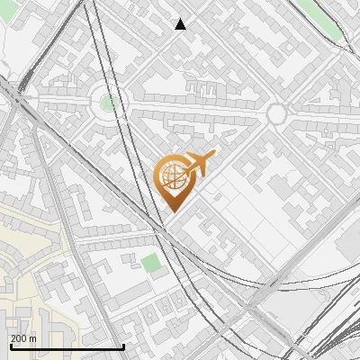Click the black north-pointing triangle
click(x=181, y=24)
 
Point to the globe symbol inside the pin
click(x=171, y=175)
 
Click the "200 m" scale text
click(x=23, y=338)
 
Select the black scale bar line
click(x=67, y=346)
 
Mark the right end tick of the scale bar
click(x=123, y=345)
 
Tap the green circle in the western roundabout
click(x=109, y=102)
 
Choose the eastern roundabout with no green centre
click(x=276, y=113)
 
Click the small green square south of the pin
click(x=150, y=264)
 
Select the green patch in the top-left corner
click(x=7, y=36)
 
